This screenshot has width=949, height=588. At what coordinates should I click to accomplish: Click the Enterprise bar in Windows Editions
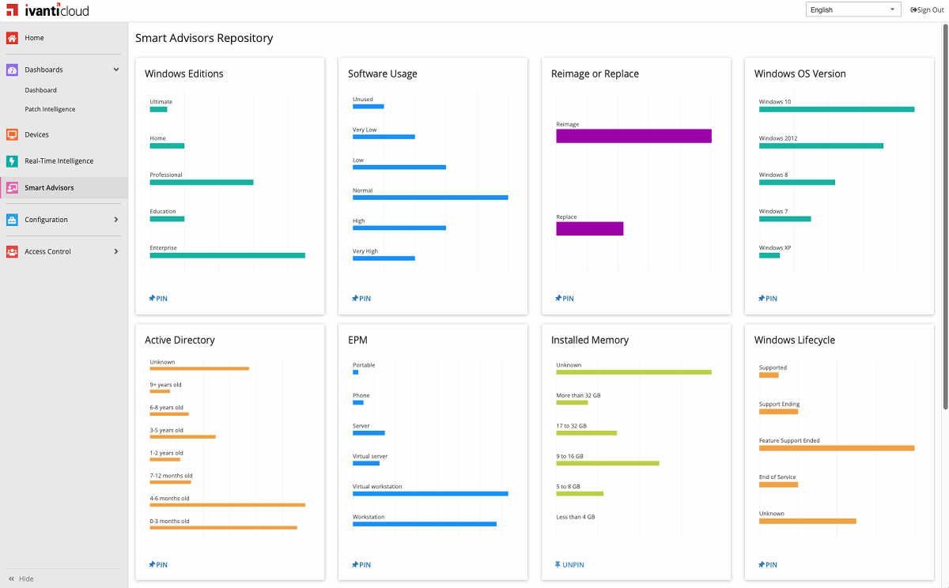[227, 255]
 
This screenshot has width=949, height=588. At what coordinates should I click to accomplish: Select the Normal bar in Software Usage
[430, 198]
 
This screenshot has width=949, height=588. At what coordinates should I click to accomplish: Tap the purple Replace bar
[589, 228]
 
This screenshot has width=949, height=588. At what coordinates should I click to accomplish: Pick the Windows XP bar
[769, 255]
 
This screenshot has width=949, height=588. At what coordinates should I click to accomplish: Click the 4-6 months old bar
[227, 505]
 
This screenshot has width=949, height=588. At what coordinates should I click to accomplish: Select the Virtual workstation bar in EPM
[430, 494]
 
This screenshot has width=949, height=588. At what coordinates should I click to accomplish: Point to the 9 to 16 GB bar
[607, 463]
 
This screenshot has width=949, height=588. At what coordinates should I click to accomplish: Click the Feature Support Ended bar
[836, 448]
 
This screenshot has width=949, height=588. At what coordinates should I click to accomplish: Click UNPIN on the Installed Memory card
[569, 565]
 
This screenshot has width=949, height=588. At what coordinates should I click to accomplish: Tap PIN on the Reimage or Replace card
[564, 299]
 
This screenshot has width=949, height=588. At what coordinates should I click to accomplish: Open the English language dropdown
[853, 10]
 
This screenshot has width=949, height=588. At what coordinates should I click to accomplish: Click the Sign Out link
[927, 10]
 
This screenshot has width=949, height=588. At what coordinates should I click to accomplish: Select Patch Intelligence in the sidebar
[50, 109]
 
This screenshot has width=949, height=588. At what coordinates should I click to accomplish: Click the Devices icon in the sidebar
[12, 134]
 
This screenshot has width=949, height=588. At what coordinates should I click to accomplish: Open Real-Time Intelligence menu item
[59, 161]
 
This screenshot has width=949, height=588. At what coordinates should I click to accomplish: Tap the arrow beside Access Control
[116, 251]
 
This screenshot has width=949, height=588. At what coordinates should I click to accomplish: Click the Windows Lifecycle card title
[794, 340]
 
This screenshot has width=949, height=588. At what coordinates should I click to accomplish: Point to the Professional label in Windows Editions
[166, 175]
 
